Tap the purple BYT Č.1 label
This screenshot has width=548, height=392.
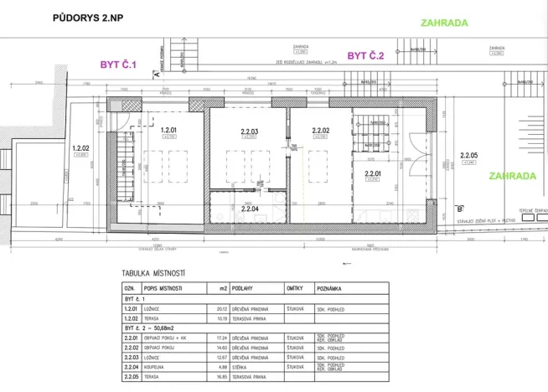click(118, 63)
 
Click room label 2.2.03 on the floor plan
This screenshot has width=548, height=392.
click(249, 131)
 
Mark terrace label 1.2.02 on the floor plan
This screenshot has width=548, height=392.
click(81, 147)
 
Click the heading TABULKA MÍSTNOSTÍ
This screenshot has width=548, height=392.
click(153, 274)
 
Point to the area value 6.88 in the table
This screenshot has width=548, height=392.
click(222, 367)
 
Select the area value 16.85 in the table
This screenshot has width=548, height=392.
click(222, 377)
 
